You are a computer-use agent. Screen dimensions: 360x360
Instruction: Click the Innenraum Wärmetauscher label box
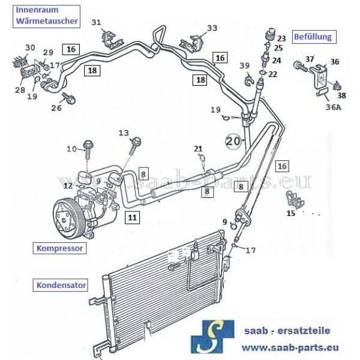[x=46, y=15]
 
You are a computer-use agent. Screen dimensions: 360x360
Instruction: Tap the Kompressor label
[x=58, y=247]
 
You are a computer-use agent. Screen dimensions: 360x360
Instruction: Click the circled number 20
[x=233, y=142]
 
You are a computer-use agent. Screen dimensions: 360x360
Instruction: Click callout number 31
[x=96, y=23]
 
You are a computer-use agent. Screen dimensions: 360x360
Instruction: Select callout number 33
[x=212, y=28]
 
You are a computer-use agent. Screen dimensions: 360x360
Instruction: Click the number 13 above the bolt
[x=124, y=133]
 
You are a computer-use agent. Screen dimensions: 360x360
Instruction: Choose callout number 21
[x=198, y=148]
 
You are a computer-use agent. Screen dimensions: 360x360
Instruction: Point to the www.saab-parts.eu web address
[x=290, y=347]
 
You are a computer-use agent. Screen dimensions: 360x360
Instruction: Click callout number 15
[x=292, y=212]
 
